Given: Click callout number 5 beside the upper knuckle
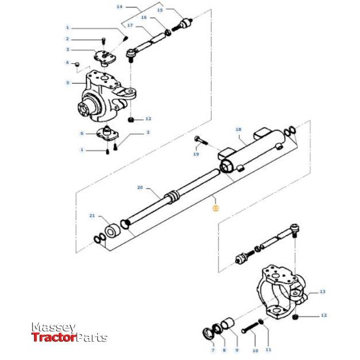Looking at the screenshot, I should tap(67, 83).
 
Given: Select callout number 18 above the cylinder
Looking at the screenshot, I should tap(239, 131).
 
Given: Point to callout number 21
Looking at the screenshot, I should tap(91, 216).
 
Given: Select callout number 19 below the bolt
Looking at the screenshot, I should tap(196, 155).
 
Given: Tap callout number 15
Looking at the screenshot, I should tap(160, 10).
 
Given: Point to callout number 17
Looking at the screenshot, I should tap(130, 26).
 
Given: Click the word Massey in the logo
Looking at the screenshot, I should tap(53, 327).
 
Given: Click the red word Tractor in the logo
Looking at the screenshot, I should tap(54, 338).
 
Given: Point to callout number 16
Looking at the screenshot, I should tap(144, 18).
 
